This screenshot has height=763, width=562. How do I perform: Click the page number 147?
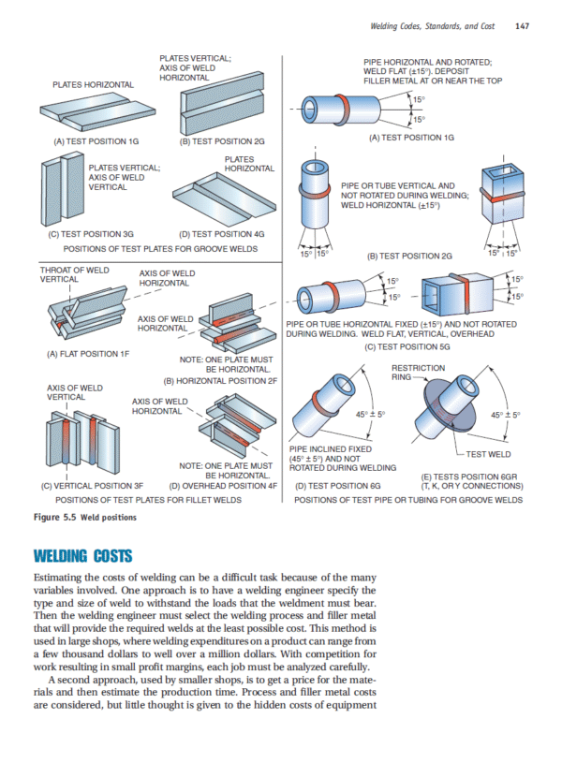(x=523, y=25)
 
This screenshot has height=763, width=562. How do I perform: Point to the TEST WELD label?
(x=488, y=454)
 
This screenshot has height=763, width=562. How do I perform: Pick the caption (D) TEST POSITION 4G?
(x=221, y=233)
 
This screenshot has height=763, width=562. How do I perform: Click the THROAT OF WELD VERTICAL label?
(x=74, y=274)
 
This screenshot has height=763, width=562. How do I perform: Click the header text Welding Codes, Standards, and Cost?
(x=433, y=25)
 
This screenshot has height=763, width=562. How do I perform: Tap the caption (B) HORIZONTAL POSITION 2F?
(x=221, y=380)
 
